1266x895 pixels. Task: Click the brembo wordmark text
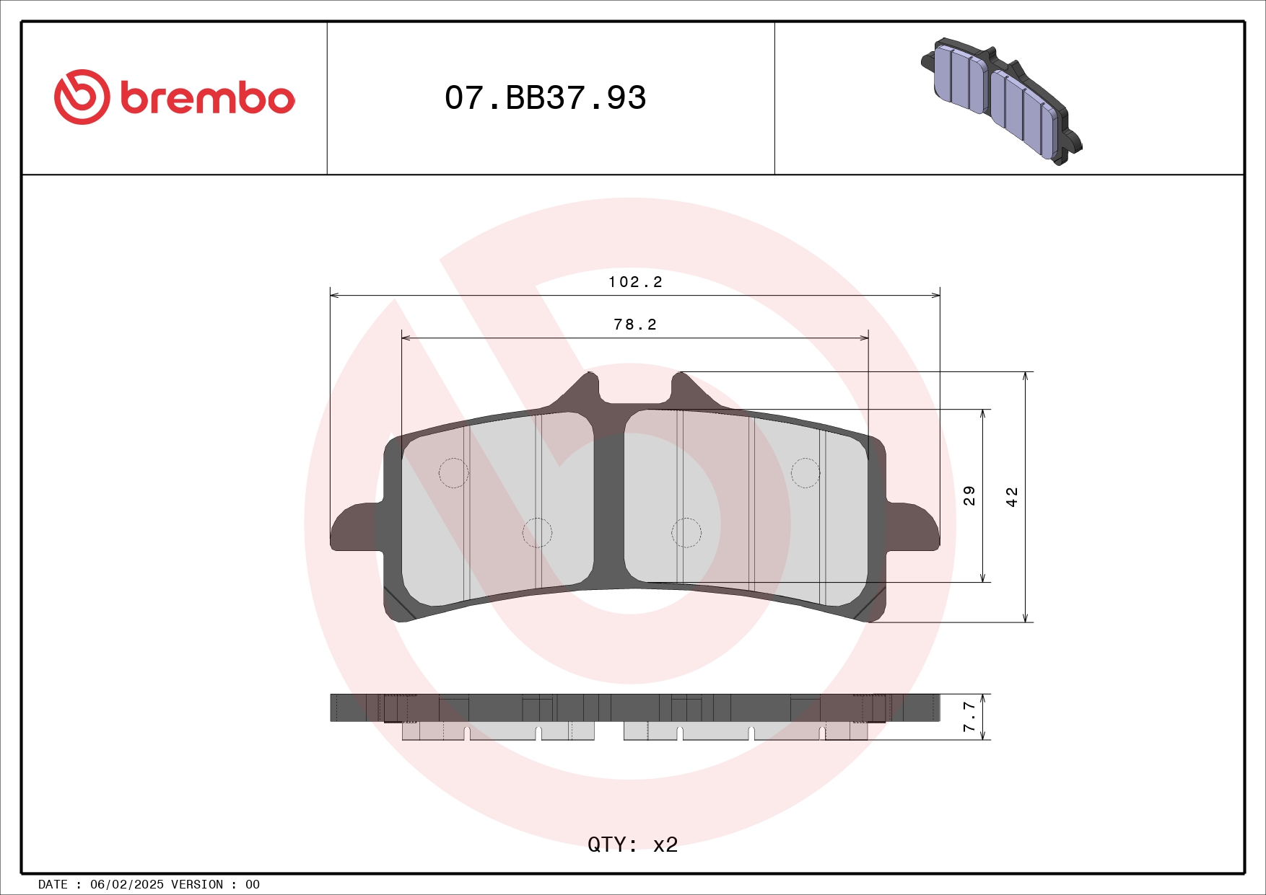(x=208, y=98)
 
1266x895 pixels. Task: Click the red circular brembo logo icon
(x=82, y=97)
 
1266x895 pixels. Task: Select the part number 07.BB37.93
(x=545, y=98)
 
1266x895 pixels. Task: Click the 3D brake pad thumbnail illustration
(x=1002, y=100)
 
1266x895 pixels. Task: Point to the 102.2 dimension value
(x=635, y=282)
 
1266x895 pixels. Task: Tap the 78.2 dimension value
(x=635, y=325)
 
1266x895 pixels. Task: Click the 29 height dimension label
(x=969, y=495)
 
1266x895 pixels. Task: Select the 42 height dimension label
(x=1012, y=497)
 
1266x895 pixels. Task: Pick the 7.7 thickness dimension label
(x=969, y=716)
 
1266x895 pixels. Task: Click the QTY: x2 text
(x=632, y=845)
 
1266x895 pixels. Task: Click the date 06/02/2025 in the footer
(x=126, y=884)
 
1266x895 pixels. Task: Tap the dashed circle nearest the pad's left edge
(x=453, y=473)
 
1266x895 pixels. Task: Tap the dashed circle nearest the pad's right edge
(x=806, y=473)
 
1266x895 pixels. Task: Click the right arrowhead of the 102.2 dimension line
(x=936, y=295)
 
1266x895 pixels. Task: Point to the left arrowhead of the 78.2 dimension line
(x=406, y=338)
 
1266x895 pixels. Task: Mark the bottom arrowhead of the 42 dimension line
(x=1026, y=618)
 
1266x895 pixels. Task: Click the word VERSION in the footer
(x=196, y=884)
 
